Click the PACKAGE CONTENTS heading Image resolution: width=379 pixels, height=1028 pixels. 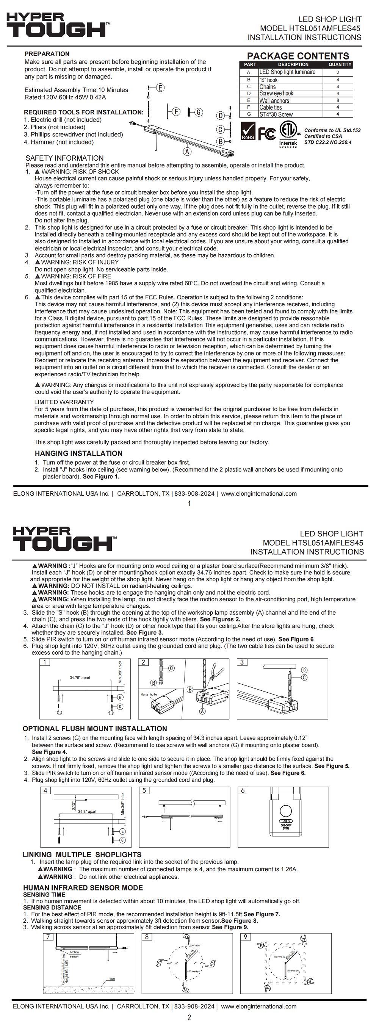point(298,56)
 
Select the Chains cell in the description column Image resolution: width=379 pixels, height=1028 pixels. point(268,87)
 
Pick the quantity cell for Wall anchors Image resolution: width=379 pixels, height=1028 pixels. point(338,100)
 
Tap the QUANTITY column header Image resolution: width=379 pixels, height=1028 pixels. point(340,64)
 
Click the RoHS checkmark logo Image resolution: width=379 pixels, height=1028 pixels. point(248,131)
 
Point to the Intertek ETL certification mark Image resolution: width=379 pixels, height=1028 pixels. point(288,134)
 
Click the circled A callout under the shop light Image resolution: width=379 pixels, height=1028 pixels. point(187,152)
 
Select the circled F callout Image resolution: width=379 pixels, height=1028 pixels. point(176,112)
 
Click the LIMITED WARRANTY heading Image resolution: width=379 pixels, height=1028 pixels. point(64,402)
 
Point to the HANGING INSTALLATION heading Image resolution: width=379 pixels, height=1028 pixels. point(78,453)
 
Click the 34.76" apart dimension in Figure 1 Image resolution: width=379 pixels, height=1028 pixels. point(80,678)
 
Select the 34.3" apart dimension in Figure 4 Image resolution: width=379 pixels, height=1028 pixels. point(87,811)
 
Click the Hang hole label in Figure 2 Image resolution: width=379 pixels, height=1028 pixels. point(149,695)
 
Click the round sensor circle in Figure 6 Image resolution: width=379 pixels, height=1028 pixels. point(286,811)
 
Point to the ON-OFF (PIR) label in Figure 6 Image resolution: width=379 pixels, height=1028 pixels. point(286,826)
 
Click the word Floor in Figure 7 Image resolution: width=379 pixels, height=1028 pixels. point(112,978)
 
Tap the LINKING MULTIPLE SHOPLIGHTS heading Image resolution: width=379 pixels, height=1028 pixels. point(82,854)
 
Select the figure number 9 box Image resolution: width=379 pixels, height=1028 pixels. point(245,937)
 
